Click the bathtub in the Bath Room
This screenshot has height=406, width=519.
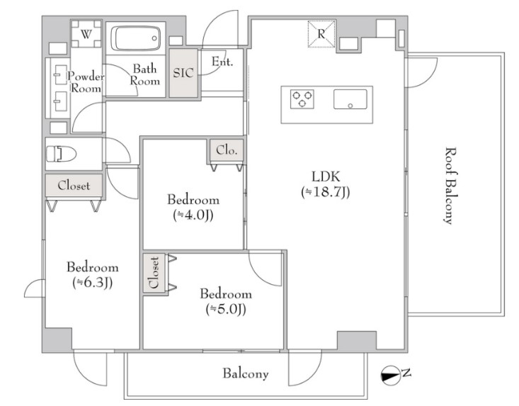(136, 38)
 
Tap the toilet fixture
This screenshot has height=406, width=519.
(61, 154)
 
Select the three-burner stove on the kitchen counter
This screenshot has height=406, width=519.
(302, 98)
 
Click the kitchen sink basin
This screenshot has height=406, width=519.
(350, 99)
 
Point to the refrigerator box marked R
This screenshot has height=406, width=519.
(321, 34)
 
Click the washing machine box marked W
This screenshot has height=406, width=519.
(86, 34)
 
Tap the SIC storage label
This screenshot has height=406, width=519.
(183, 73)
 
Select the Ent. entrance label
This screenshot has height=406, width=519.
(222, 62)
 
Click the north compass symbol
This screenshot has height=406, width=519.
(391, 376)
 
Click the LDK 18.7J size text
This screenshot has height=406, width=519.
(326, 192)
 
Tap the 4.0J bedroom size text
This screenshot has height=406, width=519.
(193, 215)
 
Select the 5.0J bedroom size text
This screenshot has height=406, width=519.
(226, 310)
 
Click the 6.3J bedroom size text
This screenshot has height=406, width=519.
(93, 283)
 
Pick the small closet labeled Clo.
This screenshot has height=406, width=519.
(227, 150)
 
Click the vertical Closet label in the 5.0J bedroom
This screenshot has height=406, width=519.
(154, 273)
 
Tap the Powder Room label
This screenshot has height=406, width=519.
(86, 82)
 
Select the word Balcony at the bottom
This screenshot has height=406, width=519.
(245, 373)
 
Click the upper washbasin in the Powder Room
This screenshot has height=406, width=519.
(60, 74)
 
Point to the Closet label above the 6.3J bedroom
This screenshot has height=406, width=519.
(74, 186)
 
